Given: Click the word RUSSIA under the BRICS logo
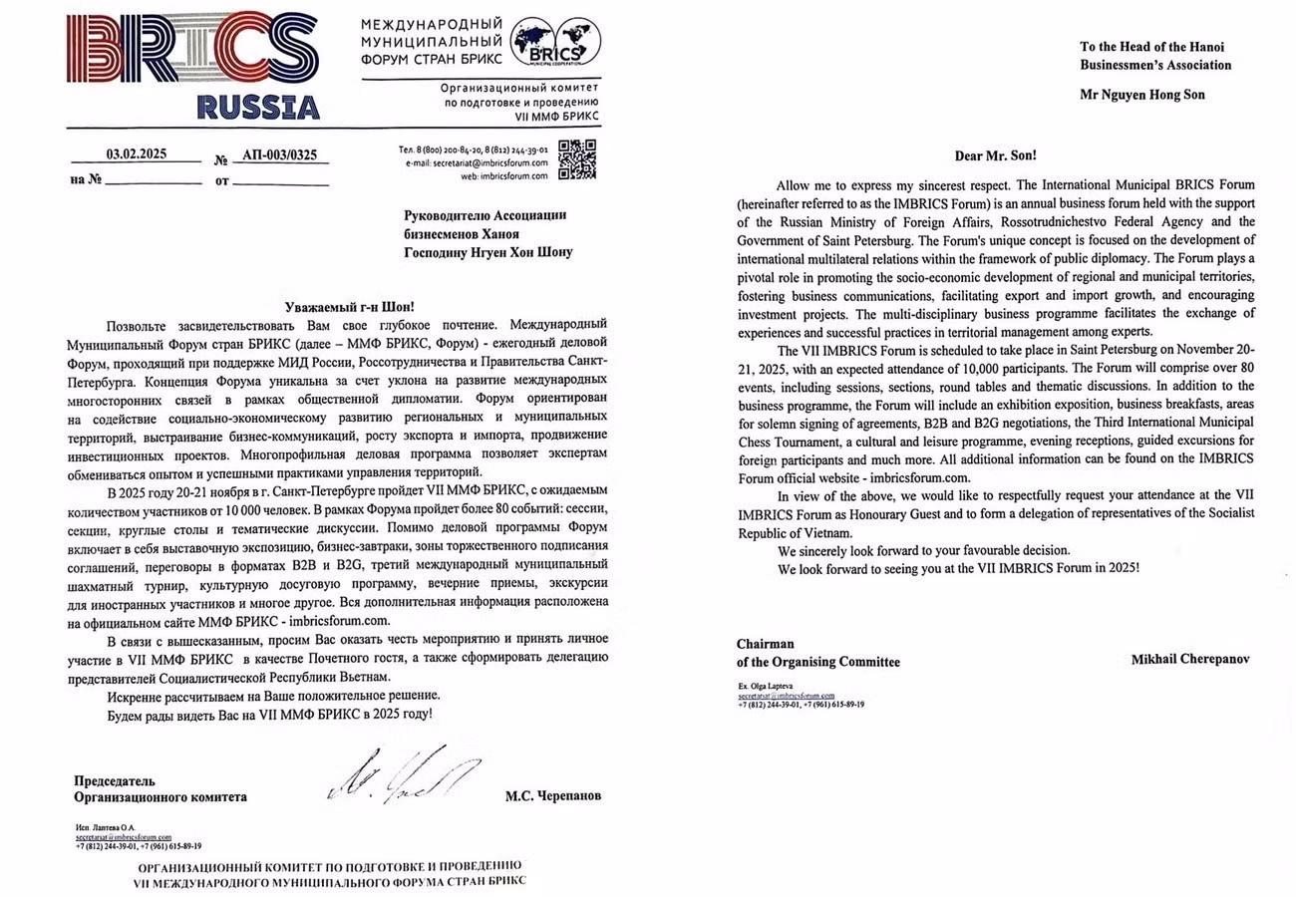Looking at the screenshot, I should pos(258,107).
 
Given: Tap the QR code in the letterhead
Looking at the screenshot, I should pos(576,159).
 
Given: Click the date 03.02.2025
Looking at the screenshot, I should pos(137,153).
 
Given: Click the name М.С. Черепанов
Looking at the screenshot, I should pos(553,796).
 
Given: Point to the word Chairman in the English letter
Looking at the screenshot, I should pos(766,644).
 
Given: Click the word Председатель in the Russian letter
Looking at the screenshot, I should pos(115,780).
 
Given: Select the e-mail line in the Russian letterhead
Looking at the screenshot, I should pos(495,161).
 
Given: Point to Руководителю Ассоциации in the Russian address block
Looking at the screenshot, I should pos(485,215).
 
